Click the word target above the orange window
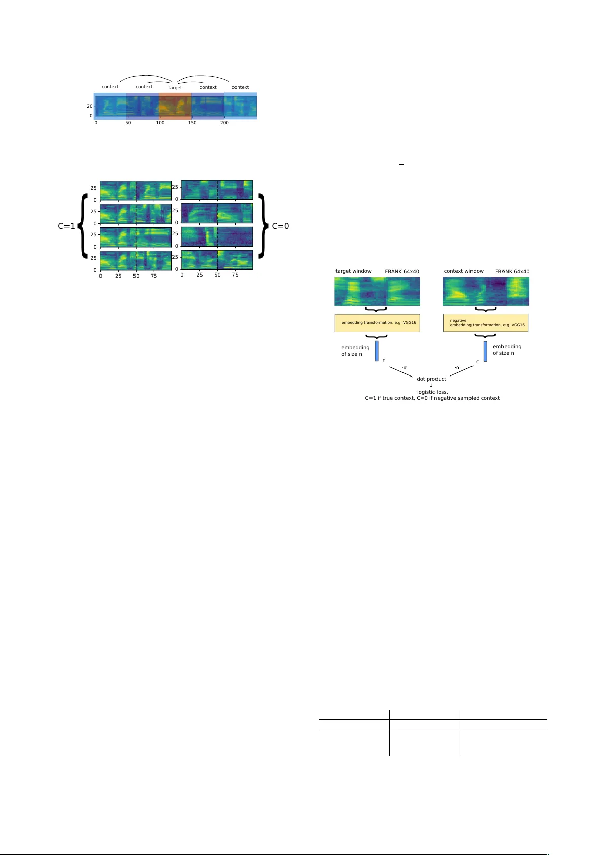pos(175,88)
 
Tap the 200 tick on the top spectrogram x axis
pos(224,123)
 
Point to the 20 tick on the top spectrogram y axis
pos(90,106)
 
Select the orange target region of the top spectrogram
pos(175,106)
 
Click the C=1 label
pos(66,226)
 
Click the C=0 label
pos(280,226)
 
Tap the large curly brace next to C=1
pos(83,226)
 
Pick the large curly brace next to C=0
pos(262,226)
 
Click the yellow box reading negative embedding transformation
pos(486,323)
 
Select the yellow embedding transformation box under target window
pos(377,323)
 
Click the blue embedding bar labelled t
pos(377,351)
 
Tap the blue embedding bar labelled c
pos(485,351)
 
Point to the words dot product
pos(431,379)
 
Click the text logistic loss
pos(432,392)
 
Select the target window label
pos(353,271)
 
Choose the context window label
pos(463,271)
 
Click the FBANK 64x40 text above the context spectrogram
pos(512,272)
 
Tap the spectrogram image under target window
pos(377,292)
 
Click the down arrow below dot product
pos(431,386)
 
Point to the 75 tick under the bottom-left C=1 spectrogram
pos(154,276)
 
